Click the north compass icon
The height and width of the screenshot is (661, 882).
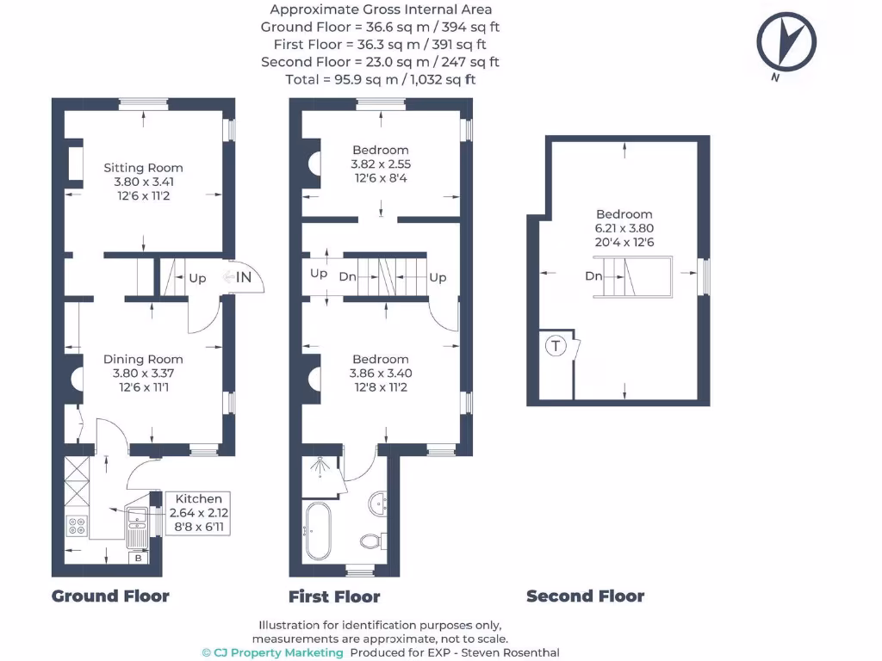(x=786, y=41)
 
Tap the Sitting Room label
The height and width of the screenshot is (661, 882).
(x=143, y=168)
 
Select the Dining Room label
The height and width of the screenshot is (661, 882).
(x=143, y=359)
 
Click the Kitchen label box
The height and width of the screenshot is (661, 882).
(x=199, y=514)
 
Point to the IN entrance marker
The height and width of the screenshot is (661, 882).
(x=245, y=277)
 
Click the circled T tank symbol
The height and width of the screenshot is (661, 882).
(x=556, y=347)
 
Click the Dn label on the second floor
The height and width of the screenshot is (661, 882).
(x=593, y=276)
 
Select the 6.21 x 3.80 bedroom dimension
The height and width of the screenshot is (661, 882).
(x=624, y=228)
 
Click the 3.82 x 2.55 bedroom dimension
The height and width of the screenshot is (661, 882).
(x=380, y=164)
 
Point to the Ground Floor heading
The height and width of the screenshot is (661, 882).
(x=110, y=596)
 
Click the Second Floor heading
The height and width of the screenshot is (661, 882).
(x=585, y=596)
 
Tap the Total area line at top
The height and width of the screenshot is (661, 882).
(x=380, y=79)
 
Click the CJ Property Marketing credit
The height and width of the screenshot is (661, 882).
(x=272, y=652)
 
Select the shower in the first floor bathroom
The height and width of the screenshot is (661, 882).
(x=322, y=473)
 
